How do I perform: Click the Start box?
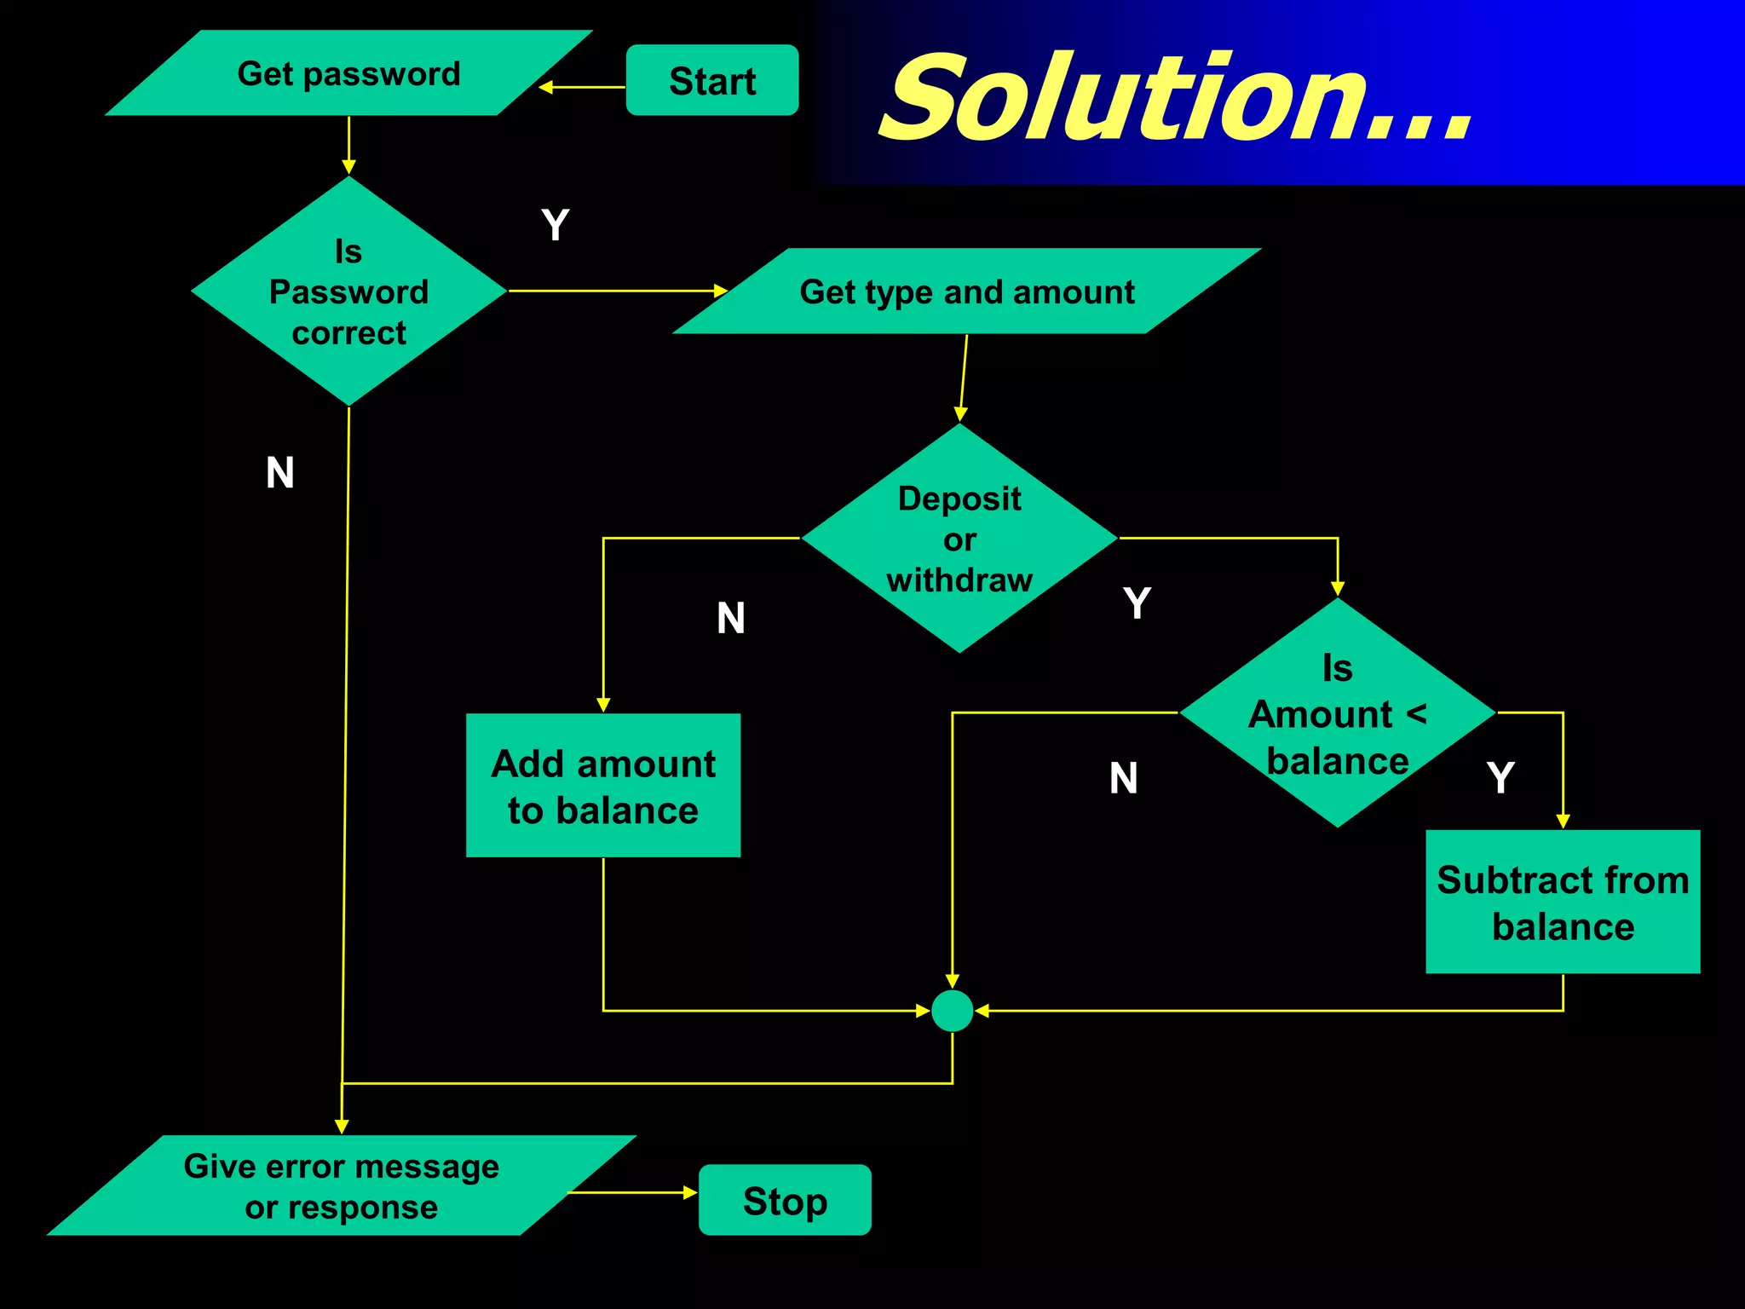click(x=712, y=80)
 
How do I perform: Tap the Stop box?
click(x=785, y=1200)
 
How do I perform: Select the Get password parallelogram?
click(x=348, y=73)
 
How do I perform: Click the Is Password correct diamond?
click(x=348, y=291)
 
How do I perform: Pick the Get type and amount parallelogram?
click(x=967, y=291)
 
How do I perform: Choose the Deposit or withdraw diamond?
click(x=959, y=539)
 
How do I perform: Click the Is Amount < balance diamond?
click(x=1337, y=713)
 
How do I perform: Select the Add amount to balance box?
click(x=603, y=786)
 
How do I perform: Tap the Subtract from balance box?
click(x=1563, y=902)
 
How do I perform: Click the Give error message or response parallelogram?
click(x=342, y=1185)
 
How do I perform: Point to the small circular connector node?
click(x=953, y=1011)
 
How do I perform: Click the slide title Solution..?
click(x=1176, y=98)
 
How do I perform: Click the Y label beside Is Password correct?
click(x=555, y=226)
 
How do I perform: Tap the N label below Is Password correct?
click(x=280, y=473)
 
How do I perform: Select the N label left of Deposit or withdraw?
click(x=731, y=618)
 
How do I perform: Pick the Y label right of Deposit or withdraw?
click(x=1137, y=603)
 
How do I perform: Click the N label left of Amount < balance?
click(x=1124, y=778)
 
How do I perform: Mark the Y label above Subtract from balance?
click(x=1500, y=778)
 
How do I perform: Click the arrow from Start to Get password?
click(x=583, y=87)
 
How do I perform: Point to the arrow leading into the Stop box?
click(x=632, y=1192)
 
